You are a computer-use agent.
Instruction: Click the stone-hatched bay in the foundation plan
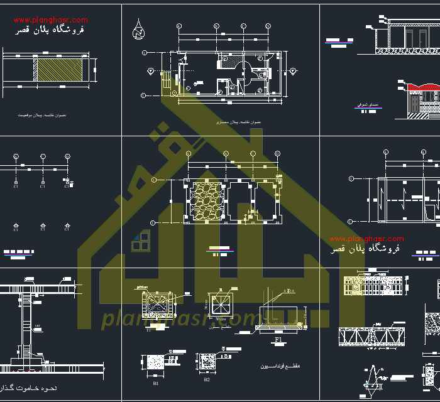click(208, 202)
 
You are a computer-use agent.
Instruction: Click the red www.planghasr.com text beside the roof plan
click(366, 239)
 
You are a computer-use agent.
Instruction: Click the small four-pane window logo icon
click(141, 241)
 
